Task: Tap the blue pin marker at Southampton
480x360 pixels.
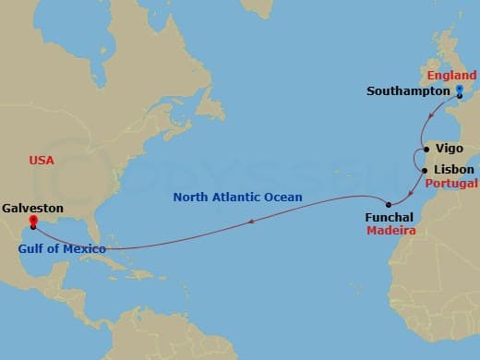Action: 460,90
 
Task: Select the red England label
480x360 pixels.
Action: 451,74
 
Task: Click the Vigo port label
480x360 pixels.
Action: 450,148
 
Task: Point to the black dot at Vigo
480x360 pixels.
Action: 426,148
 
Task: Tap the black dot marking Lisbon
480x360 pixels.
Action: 425,170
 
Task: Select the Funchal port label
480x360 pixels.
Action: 390,218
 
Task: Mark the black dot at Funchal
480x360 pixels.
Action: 389,204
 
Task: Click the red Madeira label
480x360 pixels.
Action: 390,232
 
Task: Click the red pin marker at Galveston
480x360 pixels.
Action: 32,222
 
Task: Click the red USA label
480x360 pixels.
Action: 42,161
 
